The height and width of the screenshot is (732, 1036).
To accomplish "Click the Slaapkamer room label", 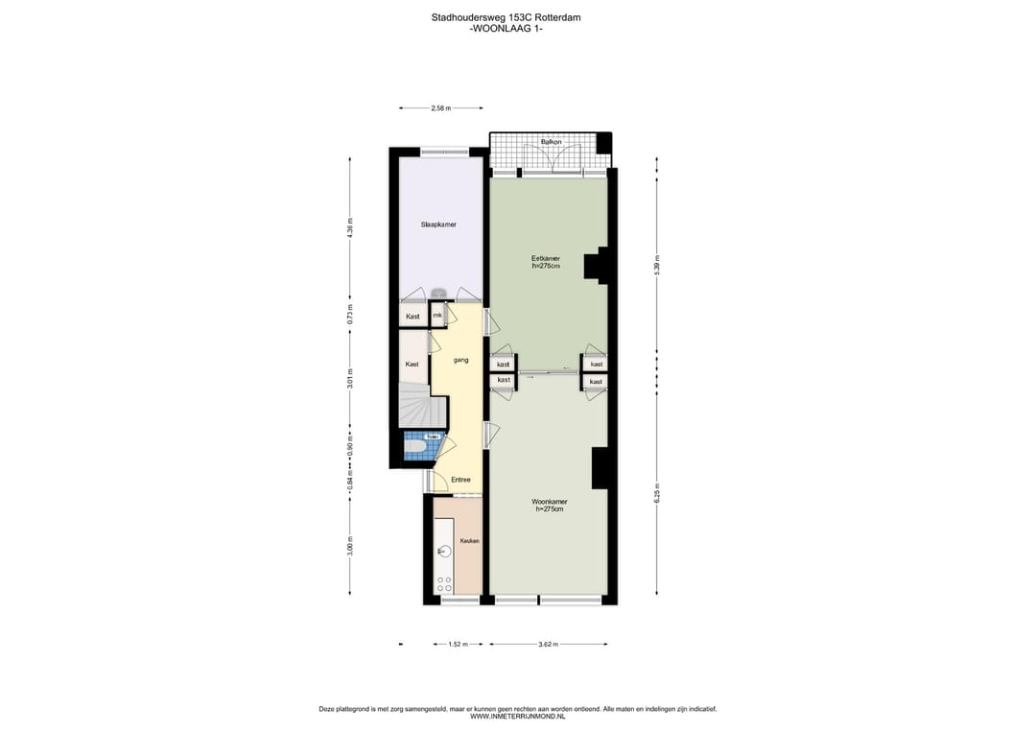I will pos(438,224).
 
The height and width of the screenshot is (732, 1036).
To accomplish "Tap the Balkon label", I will pos(551,142).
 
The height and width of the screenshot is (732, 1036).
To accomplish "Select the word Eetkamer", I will pos(546,258).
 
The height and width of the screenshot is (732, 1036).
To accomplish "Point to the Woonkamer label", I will pos(550,502).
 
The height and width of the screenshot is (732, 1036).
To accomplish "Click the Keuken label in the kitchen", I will pos(469,541).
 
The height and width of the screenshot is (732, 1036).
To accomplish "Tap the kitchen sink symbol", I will pos(444,551).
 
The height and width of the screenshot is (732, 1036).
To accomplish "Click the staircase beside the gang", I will pos(421,407).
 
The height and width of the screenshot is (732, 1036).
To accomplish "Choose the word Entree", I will pos(460,480).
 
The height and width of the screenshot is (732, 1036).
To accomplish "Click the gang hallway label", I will pos(460,360).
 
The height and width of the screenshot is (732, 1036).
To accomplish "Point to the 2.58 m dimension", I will pos(441,108).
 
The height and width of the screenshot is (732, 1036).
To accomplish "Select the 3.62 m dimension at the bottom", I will pos(548,645).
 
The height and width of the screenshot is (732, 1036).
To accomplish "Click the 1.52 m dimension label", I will pos(458,645).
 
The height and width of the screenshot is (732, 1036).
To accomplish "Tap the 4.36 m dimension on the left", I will pos(351,230).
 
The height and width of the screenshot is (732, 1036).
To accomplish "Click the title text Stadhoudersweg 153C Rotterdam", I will pos(506,17).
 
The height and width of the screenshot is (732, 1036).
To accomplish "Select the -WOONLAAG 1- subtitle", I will pos(506,29).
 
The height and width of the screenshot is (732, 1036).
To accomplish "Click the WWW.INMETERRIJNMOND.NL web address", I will pos(517,716).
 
